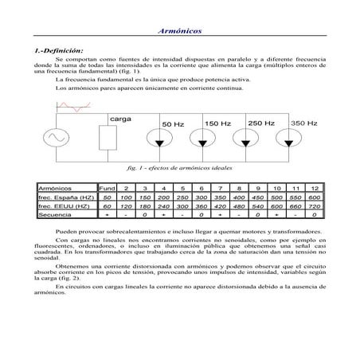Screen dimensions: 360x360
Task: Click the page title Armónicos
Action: (x=179, y=29)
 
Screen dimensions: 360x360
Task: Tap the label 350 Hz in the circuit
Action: (x=303, y=123)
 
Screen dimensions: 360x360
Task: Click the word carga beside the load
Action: (x=121, y=117)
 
